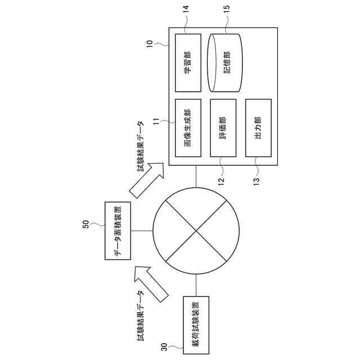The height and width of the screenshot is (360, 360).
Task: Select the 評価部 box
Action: [x=223, y=128]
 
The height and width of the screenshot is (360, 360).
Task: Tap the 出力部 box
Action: [x=258, y=128]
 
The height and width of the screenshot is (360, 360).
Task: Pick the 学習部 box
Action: [x=188, y=62]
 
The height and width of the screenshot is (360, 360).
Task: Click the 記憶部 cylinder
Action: [x=225, y=62]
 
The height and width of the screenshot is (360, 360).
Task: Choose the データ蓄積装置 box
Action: [x=118, y=231]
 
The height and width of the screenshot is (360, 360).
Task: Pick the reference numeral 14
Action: [x=186, y=10]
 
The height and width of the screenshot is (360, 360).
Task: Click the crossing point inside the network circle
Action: [x=196, y=231]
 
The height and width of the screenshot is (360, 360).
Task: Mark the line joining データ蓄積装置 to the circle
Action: [x=141, y=231]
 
